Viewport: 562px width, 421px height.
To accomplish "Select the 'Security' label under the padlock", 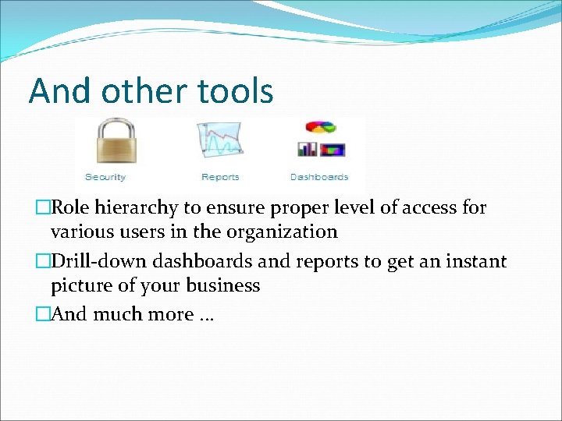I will pos(105,177).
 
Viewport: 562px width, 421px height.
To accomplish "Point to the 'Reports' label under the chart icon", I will pos(220,177).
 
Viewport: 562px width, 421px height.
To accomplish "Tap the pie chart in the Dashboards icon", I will pos(319,127).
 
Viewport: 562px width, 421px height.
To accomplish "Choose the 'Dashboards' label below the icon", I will pos(319,177).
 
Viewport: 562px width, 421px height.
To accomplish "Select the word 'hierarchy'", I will pos(133,208).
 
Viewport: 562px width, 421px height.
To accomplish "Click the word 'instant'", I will pos(475,261).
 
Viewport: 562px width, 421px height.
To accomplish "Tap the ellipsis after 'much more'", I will pos(207,317).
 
